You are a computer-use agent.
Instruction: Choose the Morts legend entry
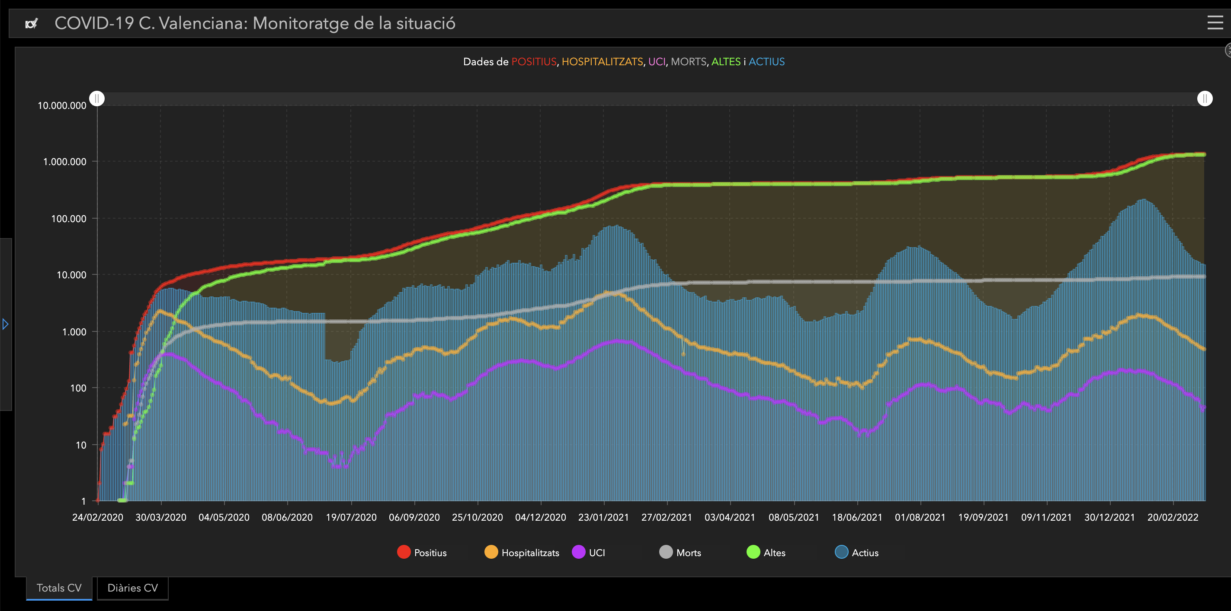coord(680,552)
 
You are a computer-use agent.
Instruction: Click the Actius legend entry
coord(856,552)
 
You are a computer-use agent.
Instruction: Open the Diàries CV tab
coord(132,588)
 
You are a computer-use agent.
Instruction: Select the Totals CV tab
coord(59,588)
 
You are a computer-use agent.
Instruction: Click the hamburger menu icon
coord(1215,22)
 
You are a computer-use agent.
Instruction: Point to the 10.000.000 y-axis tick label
coord(62,105)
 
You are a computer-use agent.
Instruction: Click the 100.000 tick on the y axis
coord(69,219)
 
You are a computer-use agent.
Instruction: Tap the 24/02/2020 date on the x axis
coord(97,517)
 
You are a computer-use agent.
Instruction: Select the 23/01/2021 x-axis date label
coord(603,517)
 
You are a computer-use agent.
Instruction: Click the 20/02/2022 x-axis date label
coord(1173,517)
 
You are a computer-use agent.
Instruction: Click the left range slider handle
coord(97,99)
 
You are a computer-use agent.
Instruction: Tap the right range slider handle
coord(1205,99)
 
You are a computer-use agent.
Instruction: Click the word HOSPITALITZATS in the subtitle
coord(602,62)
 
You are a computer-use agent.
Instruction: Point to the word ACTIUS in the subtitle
coord(766,62)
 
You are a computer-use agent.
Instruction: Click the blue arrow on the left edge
coord(5,324)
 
